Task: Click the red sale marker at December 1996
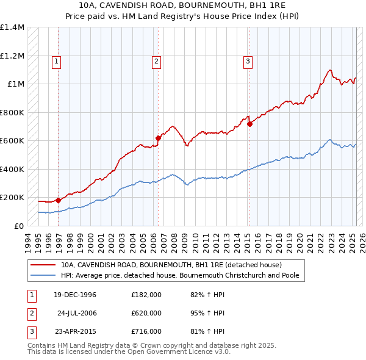(x=58, y=200)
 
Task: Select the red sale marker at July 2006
(x=158, y=138)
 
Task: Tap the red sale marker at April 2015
(x=249, y=124)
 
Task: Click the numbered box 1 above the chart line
(x=56, y=60)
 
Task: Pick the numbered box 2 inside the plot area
(x=156, y=60)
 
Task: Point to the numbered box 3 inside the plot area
(x=248, y=60)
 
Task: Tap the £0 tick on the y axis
(x=18, y=226)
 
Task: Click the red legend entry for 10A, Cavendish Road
(x=171, y=265)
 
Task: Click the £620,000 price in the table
(x=146, y=313)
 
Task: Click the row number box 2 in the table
(x=30, y=313)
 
